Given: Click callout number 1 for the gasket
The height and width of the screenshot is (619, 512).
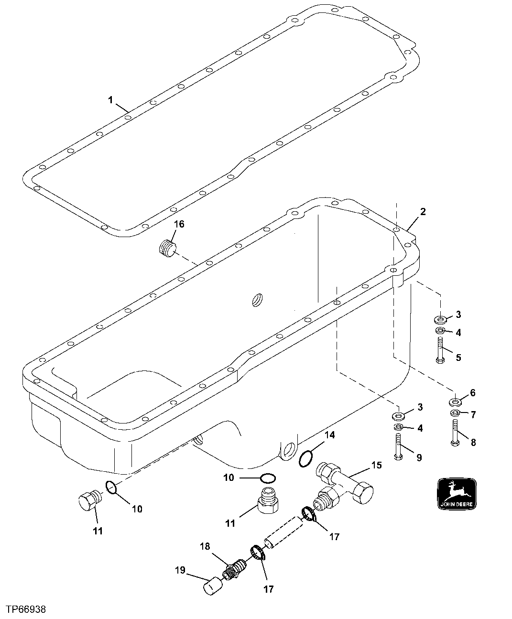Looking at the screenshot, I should tap(110, 100).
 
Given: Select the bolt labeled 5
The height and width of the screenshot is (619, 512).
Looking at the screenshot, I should tap(440, 350).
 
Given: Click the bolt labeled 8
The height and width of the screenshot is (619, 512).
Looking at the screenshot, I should tap(454, 433).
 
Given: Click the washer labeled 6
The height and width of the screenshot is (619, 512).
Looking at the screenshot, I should tap(455, 401).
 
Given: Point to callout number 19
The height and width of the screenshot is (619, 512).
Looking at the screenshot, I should tap(180, 570).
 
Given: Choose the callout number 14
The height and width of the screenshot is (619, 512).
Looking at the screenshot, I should tap(330, 435).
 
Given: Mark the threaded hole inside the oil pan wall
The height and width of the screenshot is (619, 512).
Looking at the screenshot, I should tap(258, 300).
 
